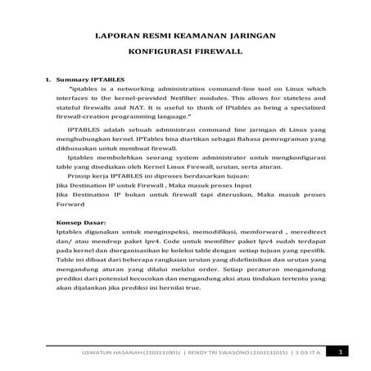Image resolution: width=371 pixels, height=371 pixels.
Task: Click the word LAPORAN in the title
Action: pos(115,37)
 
